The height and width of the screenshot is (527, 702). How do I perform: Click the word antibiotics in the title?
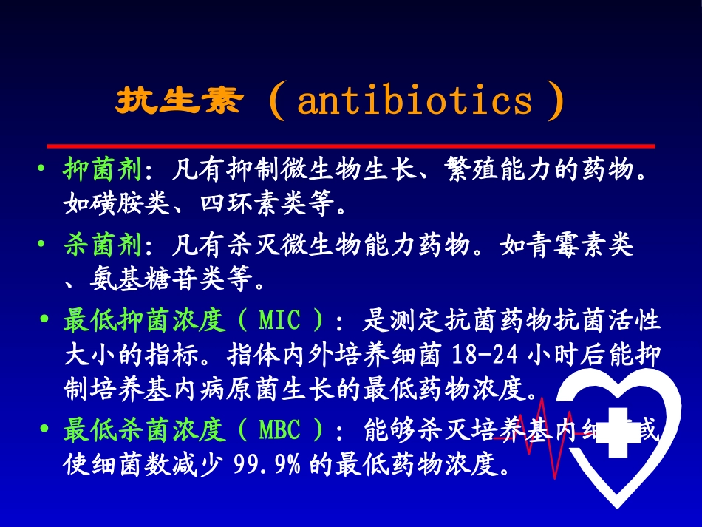click(x=415, y=101)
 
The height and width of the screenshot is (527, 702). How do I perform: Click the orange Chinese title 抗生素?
click(x=178, y=101)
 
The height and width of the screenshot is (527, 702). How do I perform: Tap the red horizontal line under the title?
click(x=351, y=146)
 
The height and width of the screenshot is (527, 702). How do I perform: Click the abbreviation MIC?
click(x=280, y=322)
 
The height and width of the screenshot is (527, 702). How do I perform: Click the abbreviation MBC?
click(x=280, y=429)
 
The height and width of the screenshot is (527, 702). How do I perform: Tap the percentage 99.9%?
click(x=267, y=465)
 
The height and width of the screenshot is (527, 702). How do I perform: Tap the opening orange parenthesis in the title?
click(x=277, y=103)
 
